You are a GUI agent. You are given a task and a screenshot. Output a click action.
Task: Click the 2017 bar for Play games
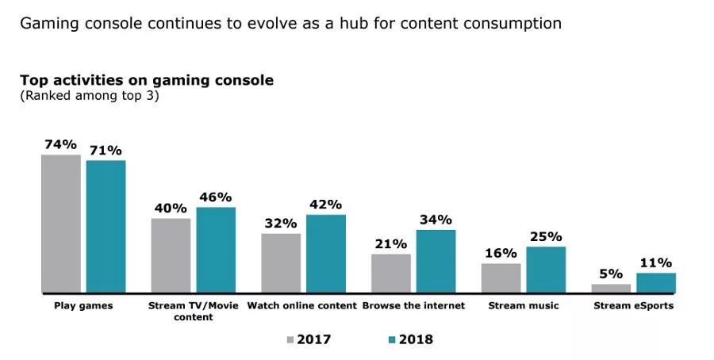pos(61,224)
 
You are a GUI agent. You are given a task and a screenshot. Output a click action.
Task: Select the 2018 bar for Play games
pos(106,227)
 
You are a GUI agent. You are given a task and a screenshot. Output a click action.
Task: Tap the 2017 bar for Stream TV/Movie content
pos(171,255)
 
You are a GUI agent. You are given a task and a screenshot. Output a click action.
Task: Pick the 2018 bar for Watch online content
pos(325,254)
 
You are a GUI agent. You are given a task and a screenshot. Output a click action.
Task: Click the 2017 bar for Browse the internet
pos(391,274)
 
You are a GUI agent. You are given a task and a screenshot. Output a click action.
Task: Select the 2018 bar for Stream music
pos(545,270)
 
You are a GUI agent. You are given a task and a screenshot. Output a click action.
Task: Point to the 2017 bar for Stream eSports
pos(611,288)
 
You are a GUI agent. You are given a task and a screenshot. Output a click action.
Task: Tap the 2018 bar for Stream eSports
pos(655,283)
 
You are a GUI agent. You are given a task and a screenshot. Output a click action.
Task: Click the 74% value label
pos(61,144)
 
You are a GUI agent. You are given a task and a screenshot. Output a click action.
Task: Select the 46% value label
pos(215,197)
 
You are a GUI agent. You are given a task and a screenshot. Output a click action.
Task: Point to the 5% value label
pos(611,273)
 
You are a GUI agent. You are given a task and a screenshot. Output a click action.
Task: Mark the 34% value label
pos(436,219)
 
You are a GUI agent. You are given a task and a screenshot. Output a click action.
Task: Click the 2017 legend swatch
pos(290,340)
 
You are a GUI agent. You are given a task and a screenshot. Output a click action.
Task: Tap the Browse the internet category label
pos(413,305)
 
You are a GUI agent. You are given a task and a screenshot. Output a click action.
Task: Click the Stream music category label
pos(523,305)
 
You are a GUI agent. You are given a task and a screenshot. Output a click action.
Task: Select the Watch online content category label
pos(302,305)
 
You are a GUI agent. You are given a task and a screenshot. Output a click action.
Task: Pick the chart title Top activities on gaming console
pos(147,81)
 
